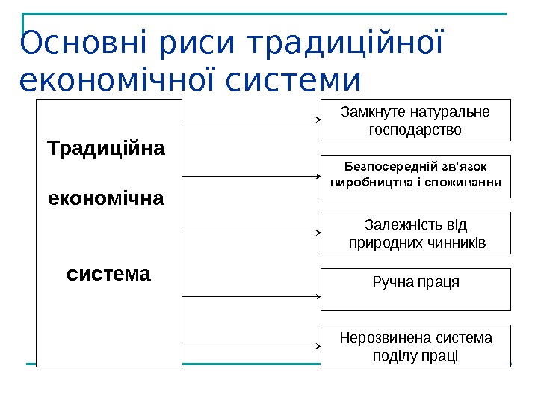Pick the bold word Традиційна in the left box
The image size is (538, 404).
coord(106,148)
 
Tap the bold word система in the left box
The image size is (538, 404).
coord(108,274)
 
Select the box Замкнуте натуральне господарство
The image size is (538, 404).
coord(415,120)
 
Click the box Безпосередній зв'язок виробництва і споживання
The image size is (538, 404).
coord(415,176)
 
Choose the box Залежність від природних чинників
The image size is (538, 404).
coord(415,233)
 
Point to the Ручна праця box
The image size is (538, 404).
coord(415,290)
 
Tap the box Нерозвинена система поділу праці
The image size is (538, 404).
coord(415,346)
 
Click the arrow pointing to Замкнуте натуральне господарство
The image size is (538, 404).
coord(251,120)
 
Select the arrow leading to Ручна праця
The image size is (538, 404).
coord(251,296)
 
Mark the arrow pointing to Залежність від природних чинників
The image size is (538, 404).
coord(251,233)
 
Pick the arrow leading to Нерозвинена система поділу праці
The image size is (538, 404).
coord(251,346)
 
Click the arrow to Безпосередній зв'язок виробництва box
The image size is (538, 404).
coord(251,177)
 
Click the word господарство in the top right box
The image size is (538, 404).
coord(415,129)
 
